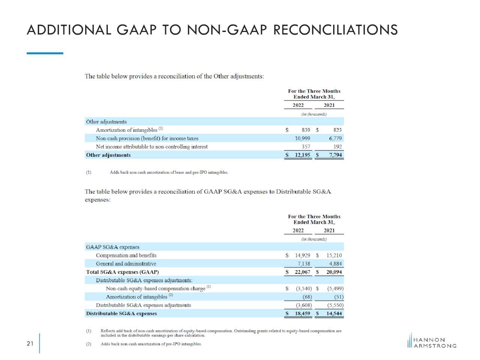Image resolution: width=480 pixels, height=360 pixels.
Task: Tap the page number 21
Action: point(30,343)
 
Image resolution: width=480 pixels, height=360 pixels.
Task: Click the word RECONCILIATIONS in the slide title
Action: point(336,30)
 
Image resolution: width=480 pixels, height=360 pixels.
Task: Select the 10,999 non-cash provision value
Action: point(302,138)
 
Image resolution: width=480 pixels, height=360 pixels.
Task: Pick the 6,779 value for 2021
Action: point(335,138)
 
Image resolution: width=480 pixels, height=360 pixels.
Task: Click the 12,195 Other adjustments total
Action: point(302,155)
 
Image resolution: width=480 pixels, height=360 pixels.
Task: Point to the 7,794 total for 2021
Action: point(336,155)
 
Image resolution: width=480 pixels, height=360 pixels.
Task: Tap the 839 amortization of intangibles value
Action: point(306,130)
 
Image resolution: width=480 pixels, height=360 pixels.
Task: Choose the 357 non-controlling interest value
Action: point(306,147)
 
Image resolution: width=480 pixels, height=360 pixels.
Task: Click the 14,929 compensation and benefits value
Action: point(302,255)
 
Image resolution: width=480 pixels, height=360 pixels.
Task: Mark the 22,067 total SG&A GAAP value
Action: point(302,272)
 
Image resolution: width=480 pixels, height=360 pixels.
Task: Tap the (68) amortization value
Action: point(307,297)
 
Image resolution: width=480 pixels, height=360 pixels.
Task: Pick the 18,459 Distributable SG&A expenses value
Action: point(302,313)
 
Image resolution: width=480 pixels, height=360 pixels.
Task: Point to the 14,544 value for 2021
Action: point(334,313)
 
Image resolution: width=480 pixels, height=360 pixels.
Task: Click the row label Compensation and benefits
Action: point(126,255)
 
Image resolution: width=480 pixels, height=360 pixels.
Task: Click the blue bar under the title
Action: point(45,53)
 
